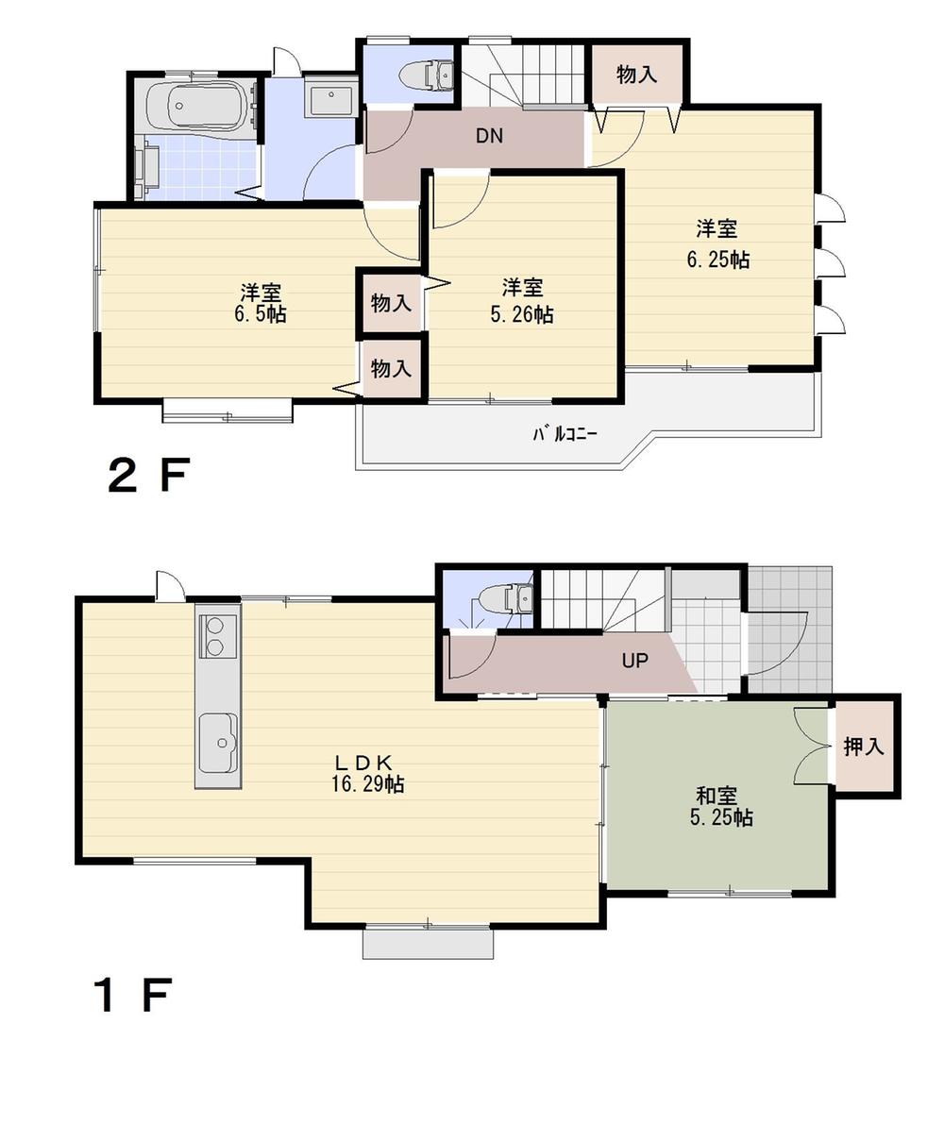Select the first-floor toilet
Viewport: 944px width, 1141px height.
point(505,598)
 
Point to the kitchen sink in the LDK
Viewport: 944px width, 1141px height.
point(218,739)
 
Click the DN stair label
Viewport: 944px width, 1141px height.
point(488,136)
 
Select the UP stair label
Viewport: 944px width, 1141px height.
point(634,661)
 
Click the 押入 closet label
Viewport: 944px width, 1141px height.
point(864,747)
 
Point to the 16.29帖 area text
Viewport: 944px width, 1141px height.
point(368,784)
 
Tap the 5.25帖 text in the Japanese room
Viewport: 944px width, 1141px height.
point(721,818)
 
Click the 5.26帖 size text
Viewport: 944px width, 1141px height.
point(522,315)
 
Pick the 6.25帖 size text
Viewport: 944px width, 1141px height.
point(717,260)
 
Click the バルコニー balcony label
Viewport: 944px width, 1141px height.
point(565,434)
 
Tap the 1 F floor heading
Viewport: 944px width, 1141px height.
point(132,996)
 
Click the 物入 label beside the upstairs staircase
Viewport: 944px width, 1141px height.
point(636,75)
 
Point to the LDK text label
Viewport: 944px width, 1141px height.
point(367,762)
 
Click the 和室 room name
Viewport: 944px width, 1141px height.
point(717,796)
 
